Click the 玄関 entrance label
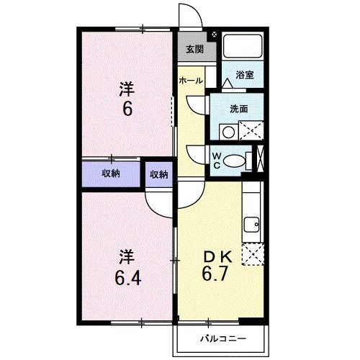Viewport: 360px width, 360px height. point(194,50)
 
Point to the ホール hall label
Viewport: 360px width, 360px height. point(191,81)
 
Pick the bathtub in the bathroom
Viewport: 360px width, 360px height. point(242,47)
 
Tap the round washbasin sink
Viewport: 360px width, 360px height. point(228,132)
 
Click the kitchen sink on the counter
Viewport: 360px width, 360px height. point(252,228)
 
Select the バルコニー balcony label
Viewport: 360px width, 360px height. point(220,339)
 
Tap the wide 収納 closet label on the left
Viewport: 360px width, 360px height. point(110,174)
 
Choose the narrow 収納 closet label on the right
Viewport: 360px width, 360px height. point(159,174)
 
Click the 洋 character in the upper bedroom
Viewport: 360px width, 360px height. point(126,89)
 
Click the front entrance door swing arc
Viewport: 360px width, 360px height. point(189,14)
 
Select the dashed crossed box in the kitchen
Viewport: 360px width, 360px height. point(252,255)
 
